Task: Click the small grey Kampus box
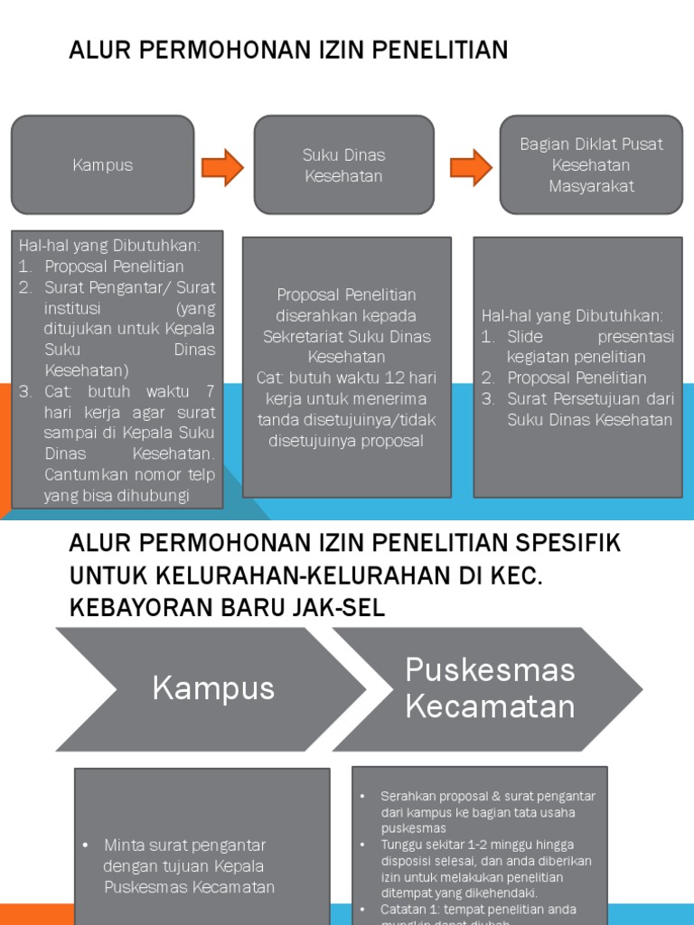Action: (102, 164)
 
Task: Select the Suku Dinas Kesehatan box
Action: (343, 165)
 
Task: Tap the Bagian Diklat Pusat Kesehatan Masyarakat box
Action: (590, 164)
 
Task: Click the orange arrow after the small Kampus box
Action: (222, 166)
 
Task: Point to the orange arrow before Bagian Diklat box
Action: (471, 166)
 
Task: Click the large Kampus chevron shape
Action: (199, 688)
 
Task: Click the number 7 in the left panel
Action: (209, 391)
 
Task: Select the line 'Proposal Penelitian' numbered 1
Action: (114, 266)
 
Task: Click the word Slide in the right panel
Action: (525, 336)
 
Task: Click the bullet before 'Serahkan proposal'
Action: (361, 796)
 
